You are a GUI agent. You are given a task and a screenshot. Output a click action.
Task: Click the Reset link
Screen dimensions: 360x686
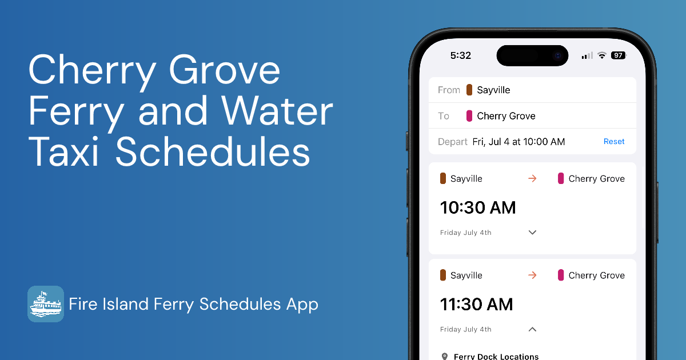tap(614, 142)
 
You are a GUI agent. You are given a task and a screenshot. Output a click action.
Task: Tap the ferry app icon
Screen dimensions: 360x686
tap(46, 304)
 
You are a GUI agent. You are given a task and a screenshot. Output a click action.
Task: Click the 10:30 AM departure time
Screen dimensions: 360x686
tap(478, 207)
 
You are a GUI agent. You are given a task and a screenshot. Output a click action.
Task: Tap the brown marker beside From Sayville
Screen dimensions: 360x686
tap(469, 90)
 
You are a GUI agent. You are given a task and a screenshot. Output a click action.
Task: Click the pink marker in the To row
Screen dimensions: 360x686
tap(469, 116)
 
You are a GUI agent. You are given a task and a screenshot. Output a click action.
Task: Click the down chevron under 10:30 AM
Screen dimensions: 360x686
tap(532, 233)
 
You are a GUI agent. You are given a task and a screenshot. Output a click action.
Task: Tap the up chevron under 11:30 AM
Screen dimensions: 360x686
tap(532, 329)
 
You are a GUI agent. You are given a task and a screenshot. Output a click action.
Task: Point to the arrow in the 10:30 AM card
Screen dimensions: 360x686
tap(532, 179)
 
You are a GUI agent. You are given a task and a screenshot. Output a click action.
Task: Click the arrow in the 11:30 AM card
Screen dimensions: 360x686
tap(532, 275)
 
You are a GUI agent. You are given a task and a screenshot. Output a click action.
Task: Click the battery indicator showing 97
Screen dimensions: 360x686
tap(618, 55)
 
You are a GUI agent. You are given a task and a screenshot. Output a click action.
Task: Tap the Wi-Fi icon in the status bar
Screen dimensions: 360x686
tap(602, 55)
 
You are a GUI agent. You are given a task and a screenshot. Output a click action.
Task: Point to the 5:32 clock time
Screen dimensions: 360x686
tap(461, 55)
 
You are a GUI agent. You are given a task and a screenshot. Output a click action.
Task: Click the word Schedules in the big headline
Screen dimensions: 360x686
tap(213, 153)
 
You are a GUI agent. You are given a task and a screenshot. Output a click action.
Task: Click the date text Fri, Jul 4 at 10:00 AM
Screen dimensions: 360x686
tap(519, 142)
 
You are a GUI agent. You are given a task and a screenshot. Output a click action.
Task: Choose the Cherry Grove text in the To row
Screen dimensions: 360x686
tap(506, 116)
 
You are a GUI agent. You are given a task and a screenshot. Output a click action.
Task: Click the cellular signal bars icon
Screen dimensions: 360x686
tap(587, 55)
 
